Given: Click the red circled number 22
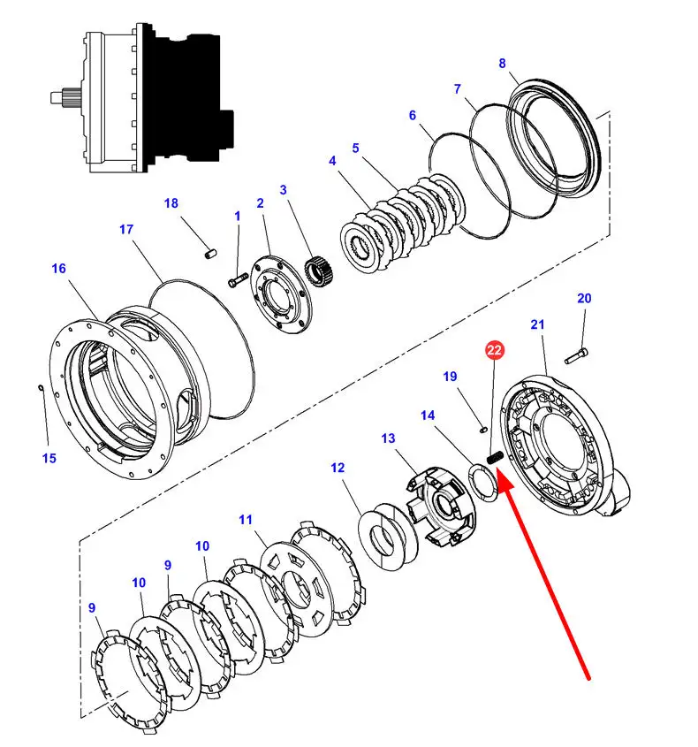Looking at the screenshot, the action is pyautogui.click(x=494, y=350).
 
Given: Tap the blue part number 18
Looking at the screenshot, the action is pyautogui.click(x=171, y=203).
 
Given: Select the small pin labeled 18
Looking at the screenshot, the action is pyautogui.click(x=210, y=253).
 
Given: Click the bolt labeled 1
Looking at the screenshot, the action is pyautogui.click(x=238, y=279).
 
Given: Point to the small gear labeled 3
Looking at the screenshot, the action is pyautogui.click(x=318, y=271).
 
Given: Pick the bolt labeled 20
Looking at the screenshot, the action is pyautogui.click(x=576, y=356).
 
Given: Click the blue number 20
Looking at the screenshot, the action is pyautogui.click(x=584, y=299).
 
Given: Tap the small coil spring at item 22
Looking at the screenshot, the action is pyautogui.click(x=495, y=457).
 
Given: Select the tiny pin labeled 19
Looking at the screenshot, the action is pyautogui.click(x=482, y=430).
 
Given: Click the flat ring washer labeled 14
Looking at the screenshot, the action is pyautogui.click(x=484, y=483).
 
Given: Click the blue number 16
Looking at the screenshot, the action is pyautogui.click(x=58, y=269).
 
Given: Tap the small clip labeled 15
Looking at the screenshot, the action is pyautogui.click(x=41, y=388).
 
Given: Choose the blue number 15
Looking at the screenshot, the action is pyautogui.click(x=49, y=458).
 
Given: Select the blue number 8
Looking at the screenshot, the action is pyautogui.click(x=502, y=64).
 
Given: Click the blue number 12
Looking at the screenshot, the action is pyautogui.click(x=338, y=468).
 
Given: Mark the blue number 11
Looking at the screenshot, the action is pyautogui.click(x=246, y=520).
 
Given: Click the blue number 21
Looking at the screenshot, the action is pyautogui.click(x=537, y=325).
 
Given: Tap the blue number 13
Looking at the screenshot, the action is pyautogui.click(x=388, y=438).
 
